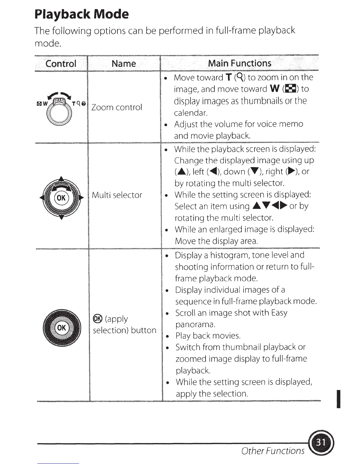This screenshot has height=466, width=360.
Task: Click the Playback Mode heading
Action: click(81, 14)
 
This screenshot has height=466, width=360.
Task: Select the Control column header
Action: click(61, 63)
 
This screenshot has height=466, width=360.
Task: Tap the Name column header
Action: click(124, 63)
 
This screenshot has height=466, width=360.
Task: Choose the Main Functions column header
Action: click(239, 63)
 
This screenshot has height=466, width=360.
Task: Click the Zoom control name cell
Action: click(117, 107)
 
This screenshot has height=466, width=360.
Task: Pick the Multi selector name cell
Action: click(117, 195)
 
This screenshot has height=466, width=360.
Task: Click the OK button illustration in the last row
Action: click(61, 327)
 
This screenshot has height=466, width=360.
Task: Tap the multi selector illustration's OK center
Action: click(61, 197)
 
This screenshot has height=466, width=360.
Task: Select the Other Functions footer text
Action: click(273, 451)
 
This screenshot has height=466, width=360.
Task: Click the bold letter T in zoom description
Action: click(229, 77)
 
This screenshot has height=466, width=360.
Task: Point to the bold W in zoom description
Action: click(274, 89)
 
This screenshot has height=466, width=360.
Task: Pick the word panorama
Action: click(195, 324)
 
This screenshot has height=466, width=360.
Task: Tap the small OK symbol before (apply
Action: click(97, 319)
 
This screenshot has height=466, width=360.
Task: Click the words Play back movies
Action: click(208, 336)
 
